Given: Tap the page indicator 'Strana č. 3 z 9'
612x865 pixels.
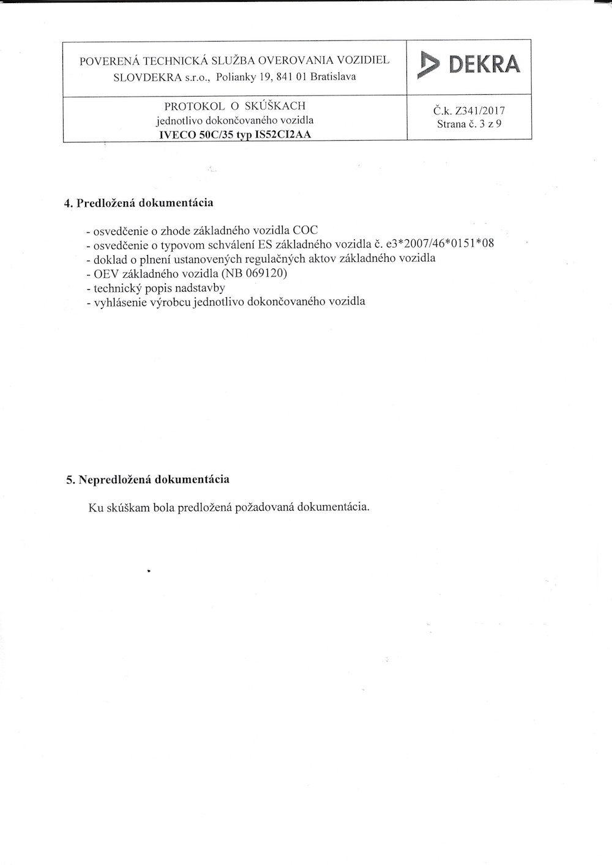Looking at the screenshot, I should point(469,124).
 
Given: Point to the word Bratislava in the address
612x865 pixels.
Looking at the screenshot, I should point(333,77).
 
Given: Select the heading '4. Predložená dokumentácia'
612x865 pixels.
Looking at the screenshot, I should point(139,202).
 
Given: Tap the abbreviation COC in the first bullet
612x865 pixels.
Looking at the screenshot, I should point(305,231).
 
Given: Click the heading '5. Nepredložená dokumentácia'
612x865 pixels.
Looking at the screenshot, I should point(148,479).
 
